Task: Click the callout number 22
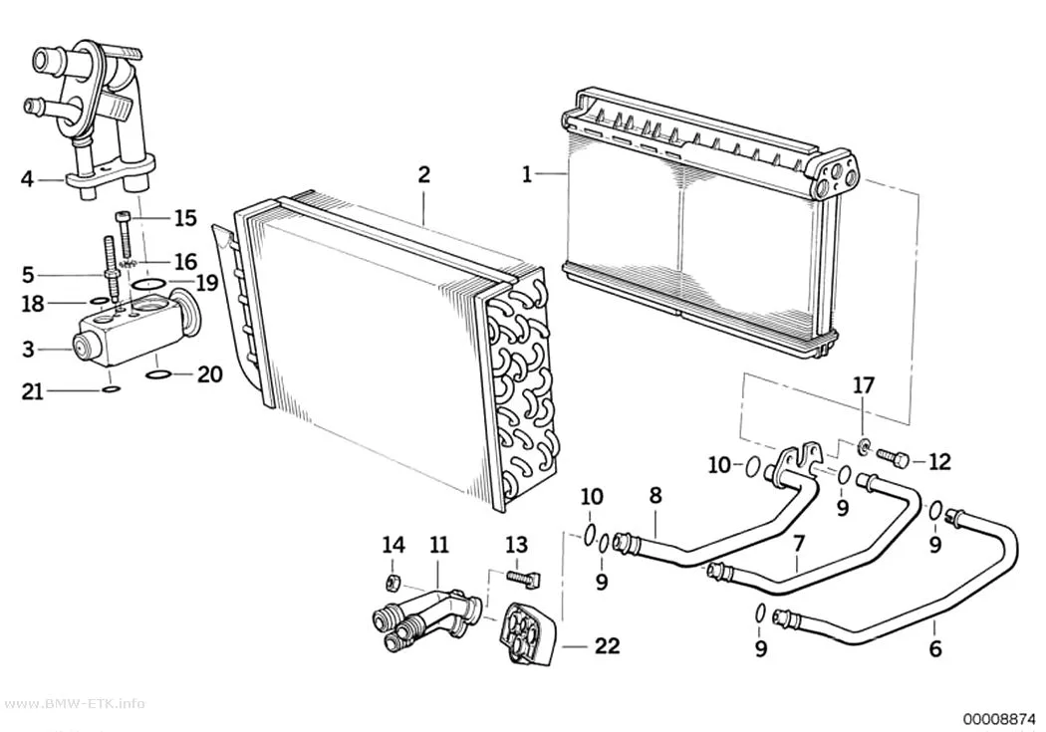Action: click(607, 645)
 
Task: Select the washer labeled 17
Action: click(863, 444)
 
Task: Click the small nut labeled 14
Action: click(392, 582)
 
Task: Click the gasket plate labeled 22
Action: click(528, 633)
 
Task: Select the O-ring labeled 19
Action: click(148, 285)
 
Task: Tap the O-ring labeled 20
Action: click(157, 374)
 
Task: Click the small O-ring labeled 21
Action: click(112, 389)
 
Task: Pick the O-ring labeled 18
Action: click(98, 302)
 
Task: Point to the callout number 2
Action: click(423, 175)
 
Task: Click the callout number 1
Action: click(527, 175)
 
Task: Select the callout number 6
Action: click(935, 648)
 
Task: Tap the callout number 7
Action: click(799, 544)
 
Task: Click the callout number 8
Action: click(655, 495)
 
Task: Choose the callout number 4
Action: click(27, 179)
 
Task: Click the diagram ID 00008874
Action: click(998, 719)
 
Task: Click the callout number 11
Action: click(439, 546)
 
